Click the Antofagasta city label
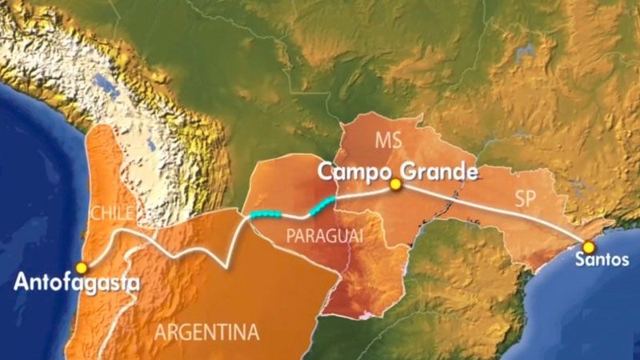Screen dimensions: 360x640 pyautogui.click(x=77, y=282)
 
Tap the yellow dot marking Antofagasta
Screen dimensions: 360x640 pyautogui.click(x=80, y=267)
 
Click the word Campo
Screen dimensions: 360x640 pyautogui.click(x=351, y=171)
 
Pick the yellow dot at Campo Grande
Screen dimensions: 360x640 pyautogui.click(x=394, y=185)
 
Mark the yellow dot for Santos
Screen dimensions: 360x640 pyautogui.click(x=589, y=247)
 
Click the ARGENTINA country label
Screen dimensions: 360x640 pyautogui.click(x=207, y=331)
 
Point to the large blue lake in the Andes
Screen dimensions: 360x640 pyautogui.click(x=103, y=83)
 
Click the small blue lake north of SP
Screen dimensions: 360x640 pyautogui.click(x=525, y=53)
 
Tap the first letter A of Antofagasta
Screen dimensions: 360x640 pyautogui.click(x=22, y=282)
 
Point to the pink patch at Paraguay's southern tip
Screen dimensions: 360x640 pyautogui.click(x=364, y=314)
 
